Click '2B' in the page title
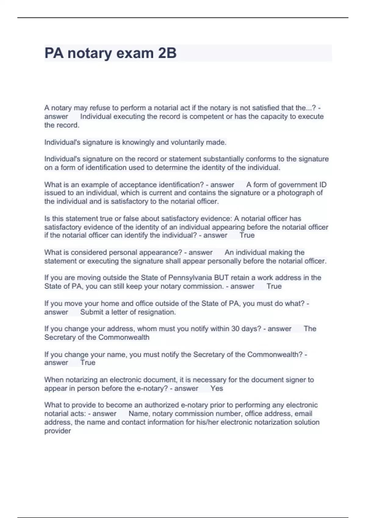167,53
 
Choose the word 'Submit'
91,312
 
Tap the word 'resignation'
157,312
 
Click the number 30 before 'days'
235,329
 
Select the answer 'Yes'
217,388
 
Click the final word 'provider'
58,431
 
